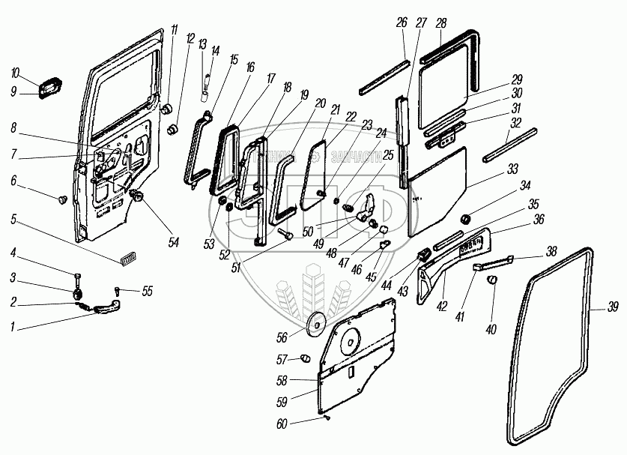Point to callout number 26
click(x=402, y=23)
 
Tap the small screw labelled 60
click(x=327, y=417)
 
